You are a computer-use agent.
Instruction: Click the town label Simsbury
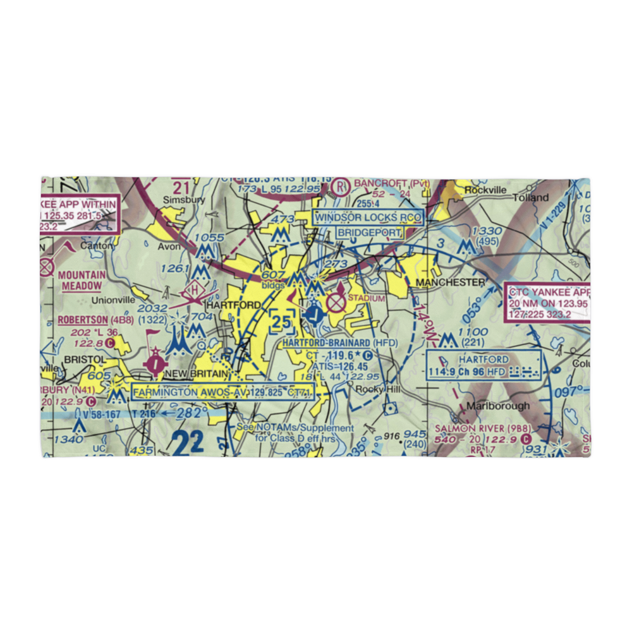(x=176, y=199)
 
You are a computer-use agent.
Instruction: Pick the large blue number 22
(x=188, y=442)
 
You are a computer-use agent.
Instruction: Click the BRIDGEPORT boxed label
(x=369, y=233)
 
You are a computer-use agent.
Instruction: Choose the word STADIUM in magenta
(x=366, y=298)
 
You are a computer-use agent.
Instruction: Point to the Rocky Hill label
(x=377, y=389)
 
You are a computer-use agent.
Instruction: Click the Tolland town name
(x=531, y=198)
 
